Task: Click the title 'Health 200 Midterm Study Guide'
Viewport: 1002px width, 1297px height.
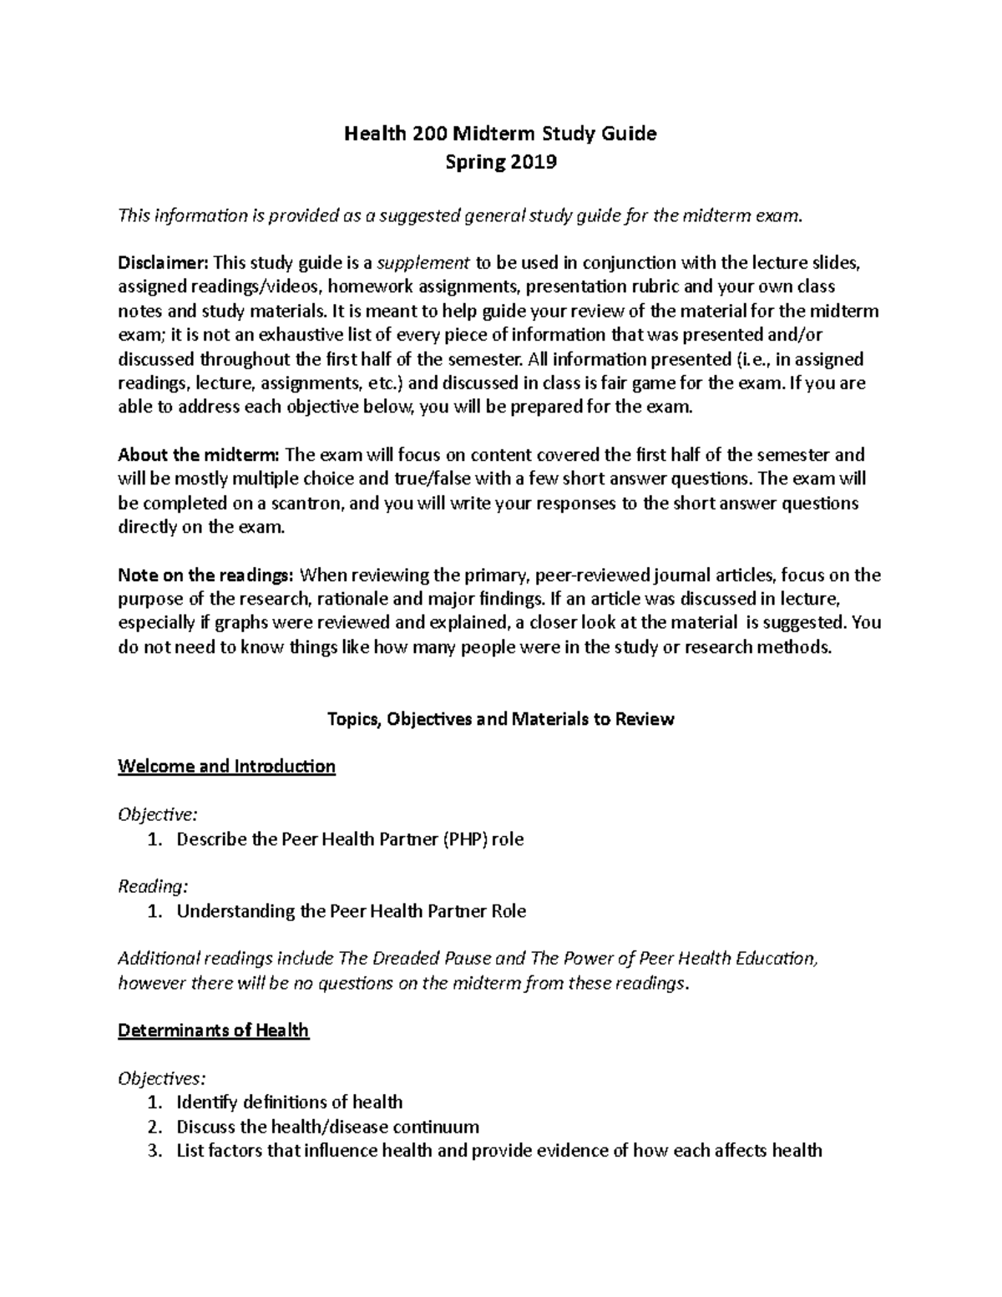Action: (x=501, y=134)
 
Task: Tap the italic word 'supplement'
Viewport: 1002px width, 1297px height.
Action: (x=423, y=263)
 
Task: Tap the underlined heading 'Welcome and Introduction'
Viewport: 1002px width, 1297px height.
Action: (x=226, y=767)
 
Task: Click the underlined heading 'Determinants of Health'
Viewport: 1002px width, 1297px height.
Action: (x=213, y=1031)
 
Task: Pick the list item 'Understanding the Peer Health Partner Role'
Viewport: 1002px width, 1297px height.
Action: (x=351, y=911)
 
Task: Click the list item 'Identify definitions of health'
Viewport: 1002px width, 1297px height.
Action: (x=289, y=1102)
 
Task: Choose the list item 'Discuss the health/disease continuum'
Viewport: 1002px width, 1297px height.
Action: (x=327, y=1127)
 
